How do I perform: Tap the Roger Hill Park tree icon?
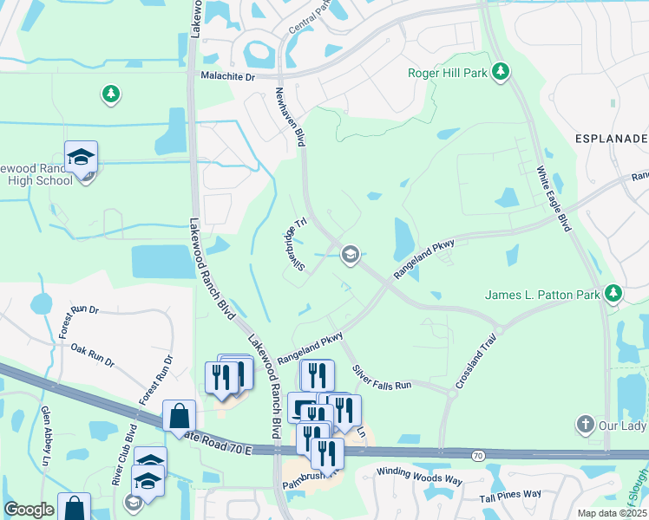(x=500, y=71)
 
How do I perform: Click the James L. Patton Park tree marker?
(x=614, y=293)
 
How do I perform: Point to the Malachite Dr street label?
(x=225, y=76)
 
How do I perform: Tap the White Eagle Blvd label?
(x=554, y=198)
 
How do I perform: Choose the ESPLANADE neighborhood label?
(x=612, y=139)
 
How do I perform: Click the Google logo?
(x=29, y=510)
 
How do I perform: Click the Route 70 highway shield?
(x=478, y=454)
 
